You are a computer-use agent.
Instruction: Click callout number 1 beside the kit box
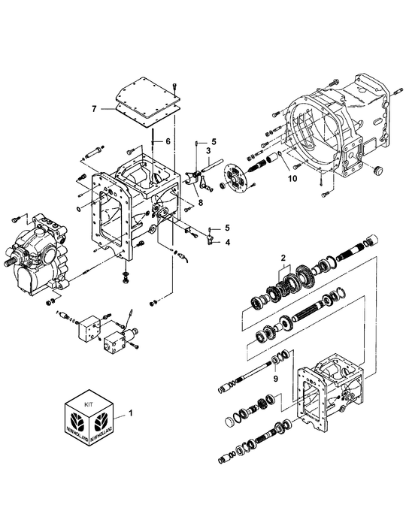(x=133, y=413)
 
